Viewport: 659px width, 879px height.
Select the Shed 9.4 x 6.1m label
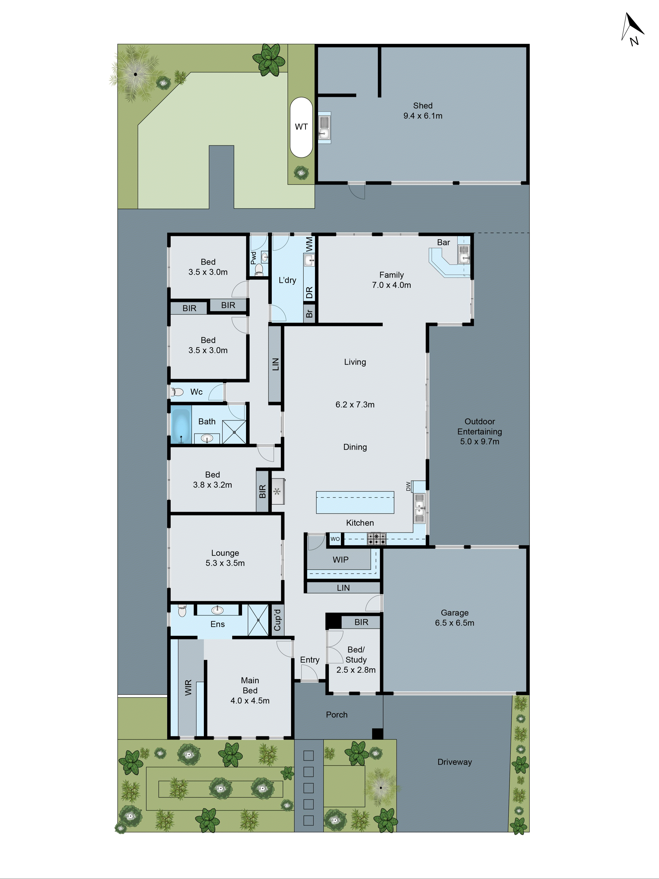(423, 111)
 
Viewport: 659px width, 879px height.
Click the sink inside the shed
(324, 127)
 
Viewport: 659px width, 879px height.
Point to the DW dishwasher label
(408, 486)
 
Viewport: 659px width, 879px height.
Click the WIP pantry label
(340, 559)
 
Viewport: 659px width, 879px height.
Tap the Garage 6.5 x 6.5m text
(454, 618)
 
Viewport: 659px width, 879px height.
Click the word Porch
(337, 715)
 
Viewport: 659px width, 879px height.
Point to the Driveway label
(454, 762)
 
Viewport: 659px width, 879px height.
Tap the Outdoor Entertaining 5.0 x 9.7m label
(480, 431)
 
